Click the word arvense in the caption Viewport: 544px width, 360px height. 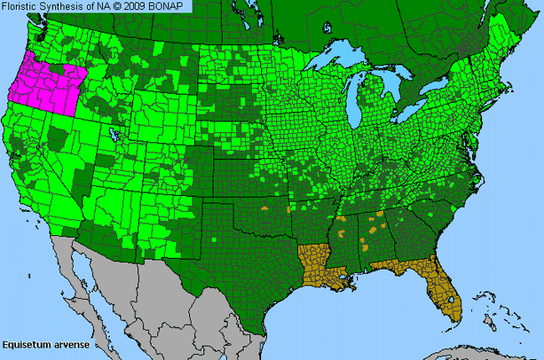click(x=72, y=344)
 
